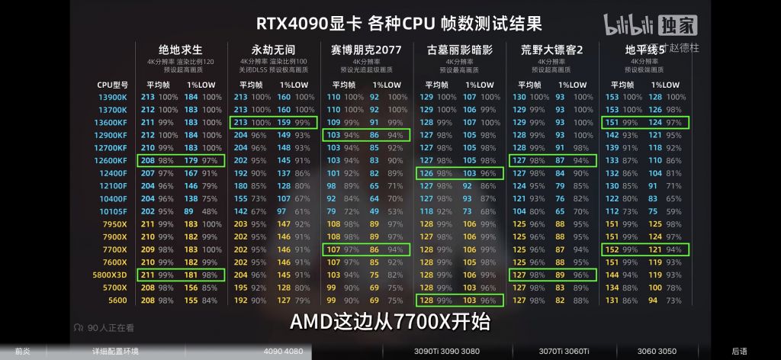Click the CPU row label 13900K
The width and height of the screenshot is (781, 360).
click(x=112, y=97)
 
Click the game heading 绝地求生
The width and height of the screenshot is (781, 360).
click(x=181, y=50)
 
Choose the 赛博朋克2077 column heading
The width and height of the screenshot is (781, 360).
click(x=366, y=50)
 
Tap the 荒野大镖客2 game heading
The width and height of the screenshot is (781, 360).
click(x=552, y=50)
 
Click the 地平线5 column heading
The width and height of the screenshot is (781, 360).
click(x=641, y=50)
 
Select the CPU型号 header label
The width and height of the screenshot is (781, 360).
click(x=112, y=85)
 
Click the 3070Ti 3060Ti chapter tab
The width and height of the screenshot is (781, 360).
click(x=564, y=352)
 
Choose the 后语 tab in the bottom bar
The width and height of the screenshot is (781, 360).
click(x=739, y=352)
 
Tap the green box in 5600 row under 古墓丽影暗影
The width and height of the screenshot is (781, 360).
click(x=460, y=301)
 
